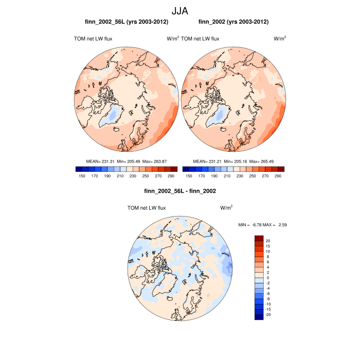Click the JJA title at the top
[x=179, y=10]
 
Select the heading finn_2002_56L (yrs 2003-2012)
[x=127, y=22]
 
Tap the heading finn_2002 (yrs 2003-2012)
[x=233, y=22]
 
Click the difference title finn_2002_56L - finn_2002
[x=180, y=191]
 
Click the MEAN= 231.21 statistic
[x=205, y=161]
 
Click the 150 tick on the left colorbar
[x=81, y=176]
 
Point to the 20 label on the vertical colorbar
[x=267, y=241]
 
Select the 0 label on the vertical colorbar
[x=267, y=278]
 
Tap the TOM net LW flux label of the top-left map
[x=93, y=39]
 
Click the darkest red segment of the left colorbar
[x=174, y=169]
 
